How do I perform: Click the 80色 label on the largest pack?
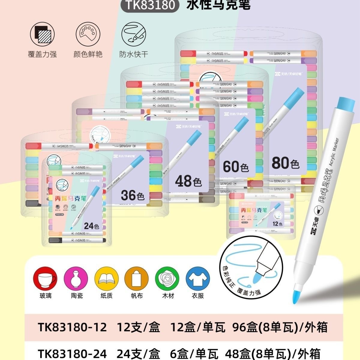pos(285,163)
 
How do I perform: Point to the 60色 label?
pos(236,167)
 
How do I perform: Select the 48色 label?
pos(188,181)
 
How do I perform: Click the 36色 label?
pos(133,195)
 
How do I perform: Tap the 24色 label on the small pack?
pos(91,226)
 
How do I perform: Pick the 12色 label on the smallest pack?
pos(277,224)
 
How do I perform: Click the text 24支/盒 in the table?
pos(138,353)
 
